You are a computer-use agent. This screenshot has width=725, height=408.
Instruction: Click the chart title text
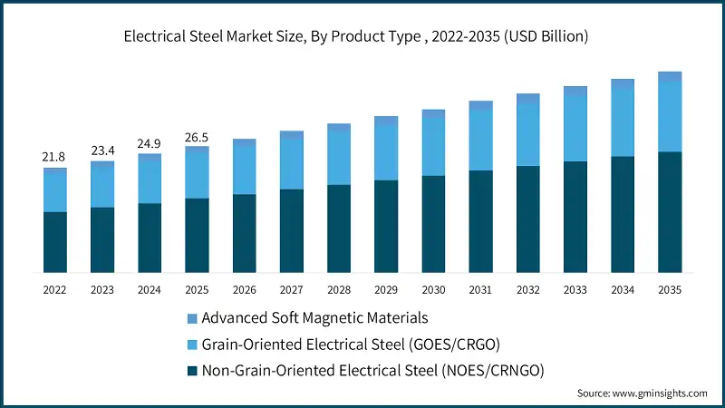pos(362,36)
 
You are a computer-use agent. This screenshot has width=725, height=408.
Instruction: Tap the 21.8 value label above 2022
pos(54,158)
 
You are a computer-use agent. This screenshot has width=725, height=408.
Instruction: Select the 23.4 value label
pos(102,151)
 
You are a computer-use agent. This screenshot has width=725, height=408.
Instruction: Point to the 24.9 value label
pos(150,144)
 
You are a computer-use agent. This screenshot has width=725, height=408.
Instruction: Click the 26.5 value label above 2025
pos(197,137)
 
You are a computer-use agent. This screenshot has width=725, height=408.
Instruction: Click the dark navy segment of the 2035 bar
pos(670,212)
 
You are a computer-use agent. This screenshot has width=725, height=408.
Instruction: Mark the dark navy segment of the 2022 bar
pos(54,242)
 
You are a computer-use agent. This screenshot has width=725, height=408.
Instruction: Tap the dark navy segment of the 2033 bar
pos(575,217)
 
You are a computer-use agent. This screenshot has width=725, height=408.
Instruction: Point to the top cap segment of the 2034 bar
pos(622,83)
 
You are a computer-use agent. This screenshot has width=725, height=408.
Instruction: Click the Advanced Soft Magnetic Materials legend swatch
pos(190,318)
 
